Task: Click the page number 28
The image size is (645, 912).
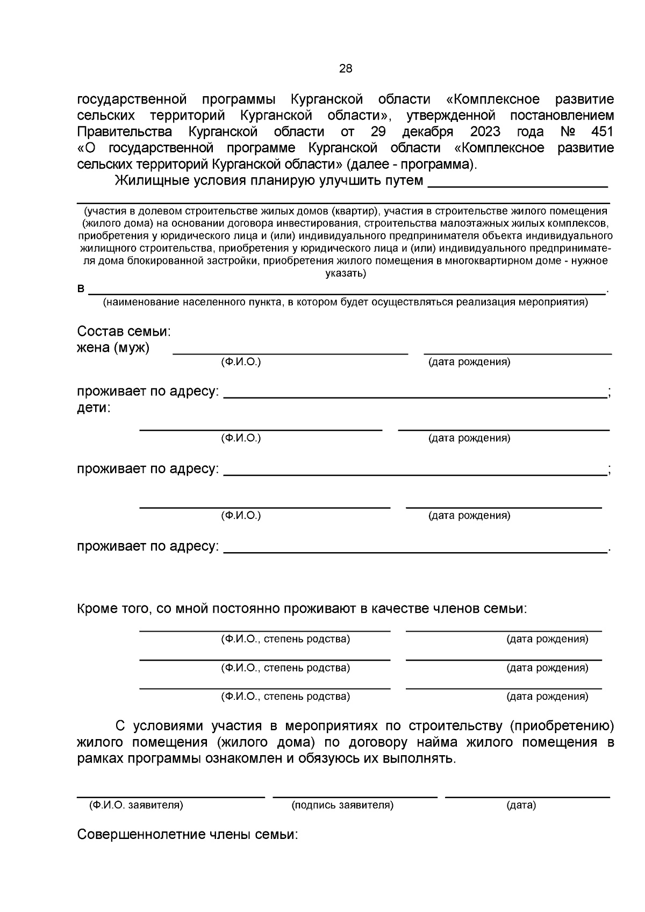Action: [x=346, y=69]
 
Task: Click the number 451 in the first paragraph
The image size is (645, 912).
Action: [x=601, y=132]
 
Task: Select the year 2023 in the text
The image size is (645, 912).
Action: [x=485, y=132]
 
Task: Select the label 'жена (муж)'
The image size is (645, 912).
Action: [x=113, y=348]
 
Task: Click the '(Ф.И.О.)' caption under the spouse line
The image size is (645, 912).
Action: [x=241, y=363]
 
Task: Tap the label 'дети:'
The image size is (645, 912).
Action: [x=94, y=408]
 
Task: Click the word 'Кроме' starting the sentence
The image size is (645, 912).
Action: [x=97, y=609]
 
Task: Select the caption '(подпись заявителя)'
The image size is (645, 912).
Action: [x=342, y=806]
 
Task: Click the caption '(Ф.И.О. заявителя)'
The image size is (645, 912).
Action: [x=136, y=806]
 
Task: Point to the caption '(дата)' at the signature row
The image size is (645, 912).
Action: [x=521, y=806]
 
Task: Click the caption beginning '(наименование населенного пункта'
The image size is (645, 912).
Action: [x=346, y=302]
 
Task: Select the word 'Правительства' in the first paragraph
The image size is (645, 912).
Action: [x=124, y=132]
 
